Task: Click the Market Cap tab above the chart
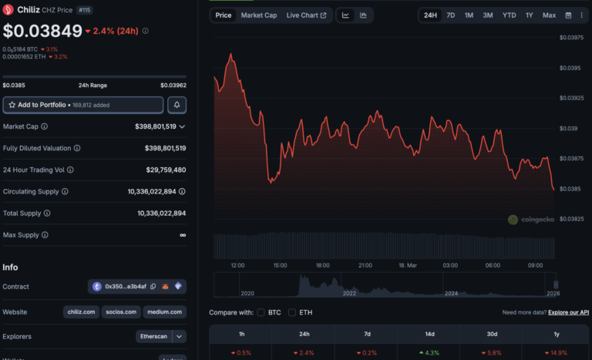tap(259, 15)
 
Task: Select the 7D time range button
tap(450, 15)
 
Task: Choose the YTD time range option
tap(509, 15)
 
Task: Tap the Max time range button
tap(549, 15)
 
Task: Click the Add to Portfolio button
tap(83, 105)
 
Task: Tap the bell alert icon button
tap(177, 105)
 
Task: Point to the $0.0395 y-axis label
tap(570, 69)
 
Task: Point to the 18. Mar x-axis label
tap(407, 265)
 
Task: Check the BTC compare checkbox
tap(261, 312)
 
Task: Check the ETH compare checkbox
tap(292, 312)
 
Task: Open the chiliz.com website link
tap(80, 312)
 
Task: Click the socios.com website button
tap(121, 312)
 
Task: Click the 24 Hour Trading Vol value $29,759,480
tap(166, 170)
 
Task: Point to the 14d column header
tap(429, 335)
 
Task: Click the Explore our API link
tap(570, 312)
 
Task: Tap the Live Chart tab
tap(306, 15)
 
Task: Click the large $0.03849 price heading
tap(42, 32)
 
